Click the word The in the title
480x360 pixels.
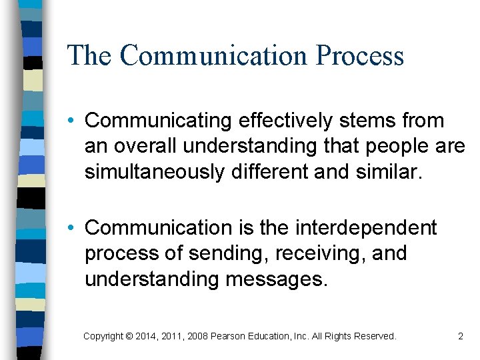pos(89,55)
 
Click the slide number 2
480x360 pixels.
pos(460,337)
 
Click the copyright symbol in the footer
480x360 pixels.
pos(129,337)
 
